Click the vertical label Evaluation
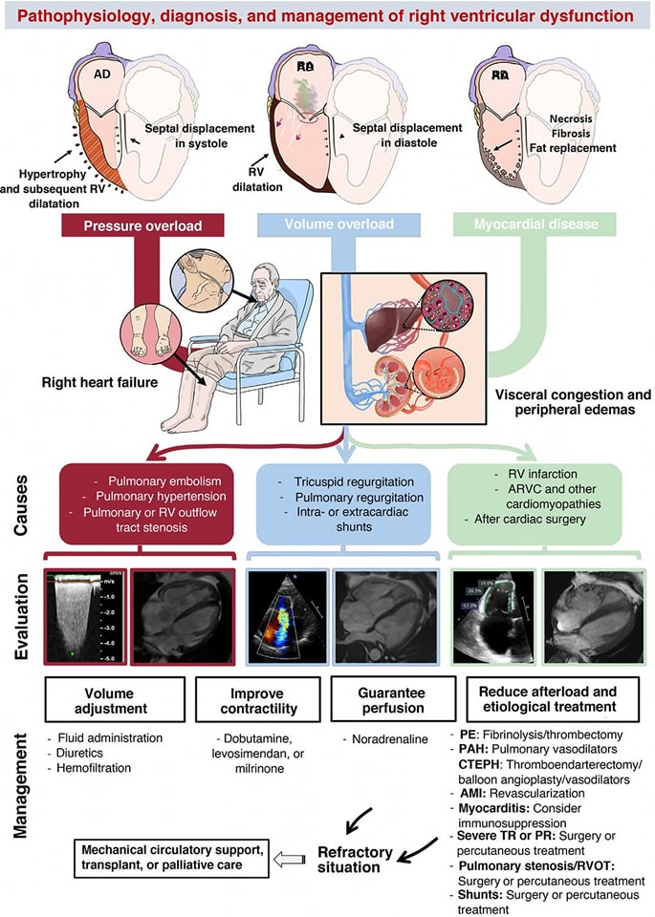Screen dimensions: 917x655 [x=20, y=617]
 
